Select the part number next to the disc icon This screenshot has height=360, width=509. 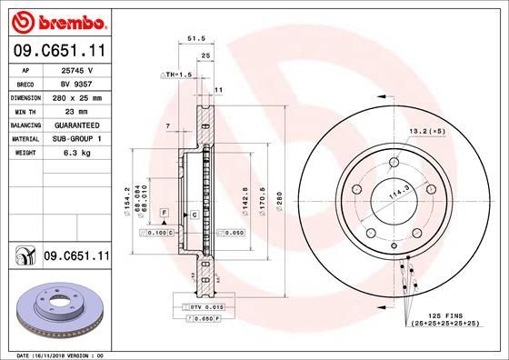coord(76,257)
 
